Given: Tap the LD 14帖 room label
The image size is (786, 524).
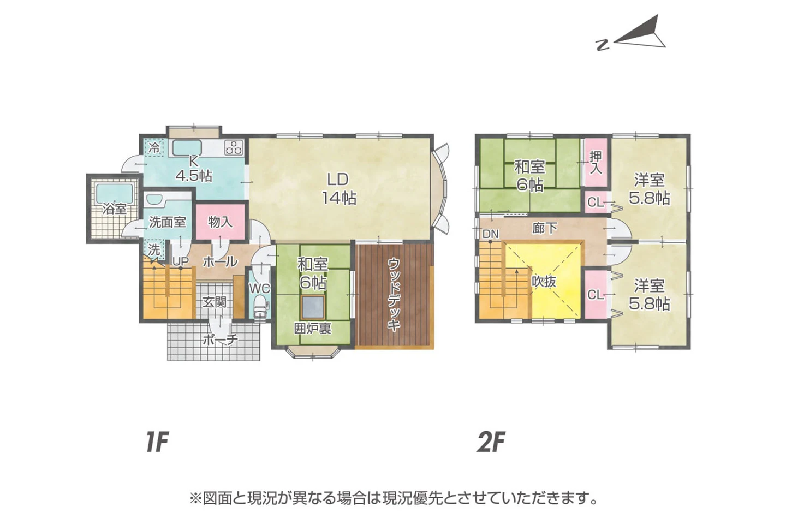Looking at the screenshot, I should click(338, 188).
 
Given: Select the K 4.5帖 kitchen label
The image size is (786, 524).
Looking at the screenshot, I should click(193, 169).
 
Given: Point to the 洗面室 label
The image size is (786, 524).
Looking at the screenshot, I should click(168, 222).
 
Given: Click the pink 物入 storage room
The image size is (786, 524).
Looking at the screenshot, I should click(220, 222).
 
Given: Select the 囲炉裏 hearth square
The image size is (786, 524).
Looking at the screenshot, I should click(313, 308).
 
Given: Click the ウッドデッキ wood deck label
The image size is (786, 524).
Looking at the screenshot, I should click(394, 295).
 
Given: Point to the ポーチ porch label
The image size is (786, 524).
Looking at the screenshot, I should click(220, 340).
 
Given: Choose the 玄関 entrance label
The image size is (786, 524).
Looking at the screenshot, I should click(215, 301).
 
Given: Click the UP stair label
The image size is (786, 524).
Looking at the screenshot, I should click(180, 261).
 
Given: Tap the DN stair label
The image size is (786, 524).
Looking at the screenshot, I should click(490, 234).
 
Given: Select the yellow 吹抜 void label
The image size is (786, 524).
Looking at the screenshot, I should click(544, 281).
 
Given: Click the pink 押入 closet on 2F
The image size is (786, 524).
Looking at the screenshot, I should click(596, 163).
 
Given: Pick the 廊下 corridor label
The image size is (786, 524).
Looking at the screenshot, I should click(544, 228).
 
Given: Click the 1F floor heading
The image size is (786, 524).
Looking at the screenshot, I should click(156, 442).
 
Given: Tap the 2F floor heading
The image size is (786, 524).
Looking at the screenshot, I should click(490, 442).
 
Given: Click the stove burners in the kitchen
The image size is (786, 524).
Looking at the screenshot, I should click(234, 147).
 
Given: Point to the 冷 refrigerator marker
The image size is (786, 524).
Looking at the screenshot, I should click(155, 147).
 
